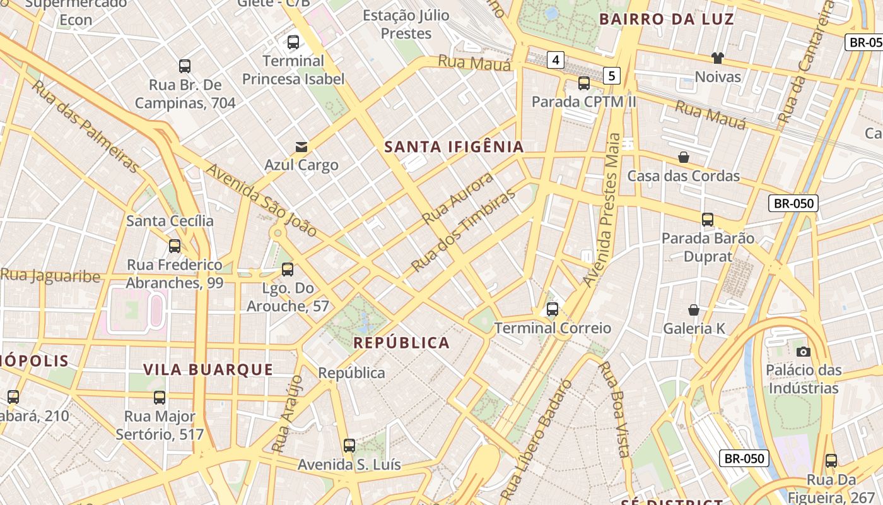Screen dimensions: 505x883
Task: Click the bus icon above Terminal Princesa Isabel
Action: [293, 42]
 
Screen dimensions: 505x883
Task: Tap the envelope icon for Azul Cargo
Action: [301, 147]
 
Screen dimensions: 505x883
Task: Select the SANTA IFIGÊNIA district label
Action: [454, 147]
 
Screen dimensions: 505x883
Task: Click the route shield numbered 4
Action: [555, 61]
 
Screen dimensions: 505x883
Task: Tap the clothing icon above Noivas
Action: [717, 58]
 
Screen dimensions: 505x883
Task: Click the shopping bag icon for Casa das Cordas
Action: [683, 157]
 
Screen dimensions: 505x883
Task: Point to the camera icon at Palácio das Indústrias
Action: [803, 352]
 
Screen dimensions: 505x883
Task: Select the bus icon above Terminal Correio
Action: [553, 309]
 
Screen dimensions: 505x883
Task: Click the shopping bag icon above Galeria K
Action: [693, 310]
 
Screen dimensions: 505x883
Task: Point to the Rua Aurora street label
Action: [458, 198]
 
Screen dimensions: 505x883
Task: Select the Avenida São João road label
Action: [261, 200]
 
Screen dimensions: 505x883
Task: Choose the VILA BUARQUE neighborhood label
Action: [208, 370]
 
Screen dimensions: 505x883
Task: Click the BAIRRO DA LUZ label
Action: [667, 19]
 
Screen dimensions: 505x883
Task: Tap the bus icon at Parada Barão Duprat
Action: [708, 220]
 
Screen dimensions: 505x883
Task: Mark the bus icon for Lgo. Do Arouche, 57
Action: [288, 270]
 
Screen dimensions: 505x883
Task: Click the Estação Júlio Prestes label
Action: [406, 24]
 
